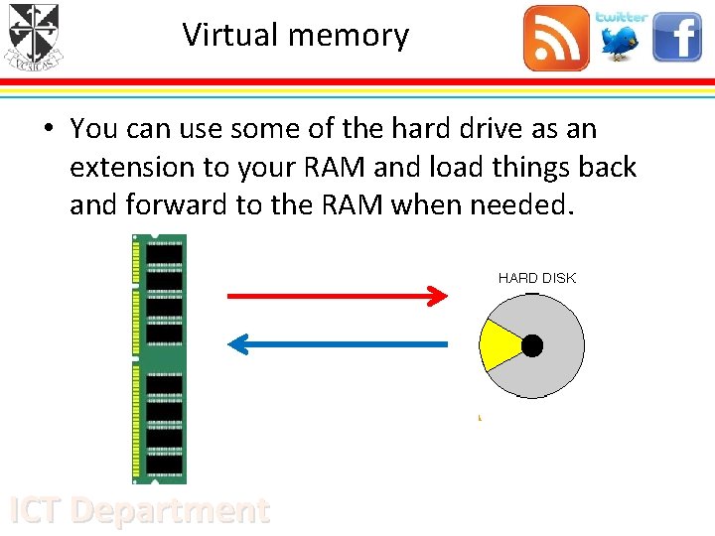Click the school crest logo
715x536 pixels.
click(x=34, y=37)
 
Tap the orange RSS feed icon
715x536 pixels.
click(x=556, y=38)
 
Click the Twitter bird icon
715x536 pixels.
click(x=622, y=38)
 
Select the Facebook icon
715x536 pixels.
click(x=677, y=38)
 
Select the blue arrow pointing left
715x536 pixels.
click(x=338, y=344)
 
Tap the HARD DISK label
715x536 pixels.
click(x=536, y=278)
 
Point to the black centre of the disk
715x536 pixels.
click(x=532, y=345)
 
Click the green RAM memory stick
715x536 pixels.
click(x=159, y=358)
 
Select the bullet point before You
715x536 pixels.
click(x=48, y=129)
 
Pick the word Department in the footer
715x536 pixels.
click(x=171, y=510)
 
